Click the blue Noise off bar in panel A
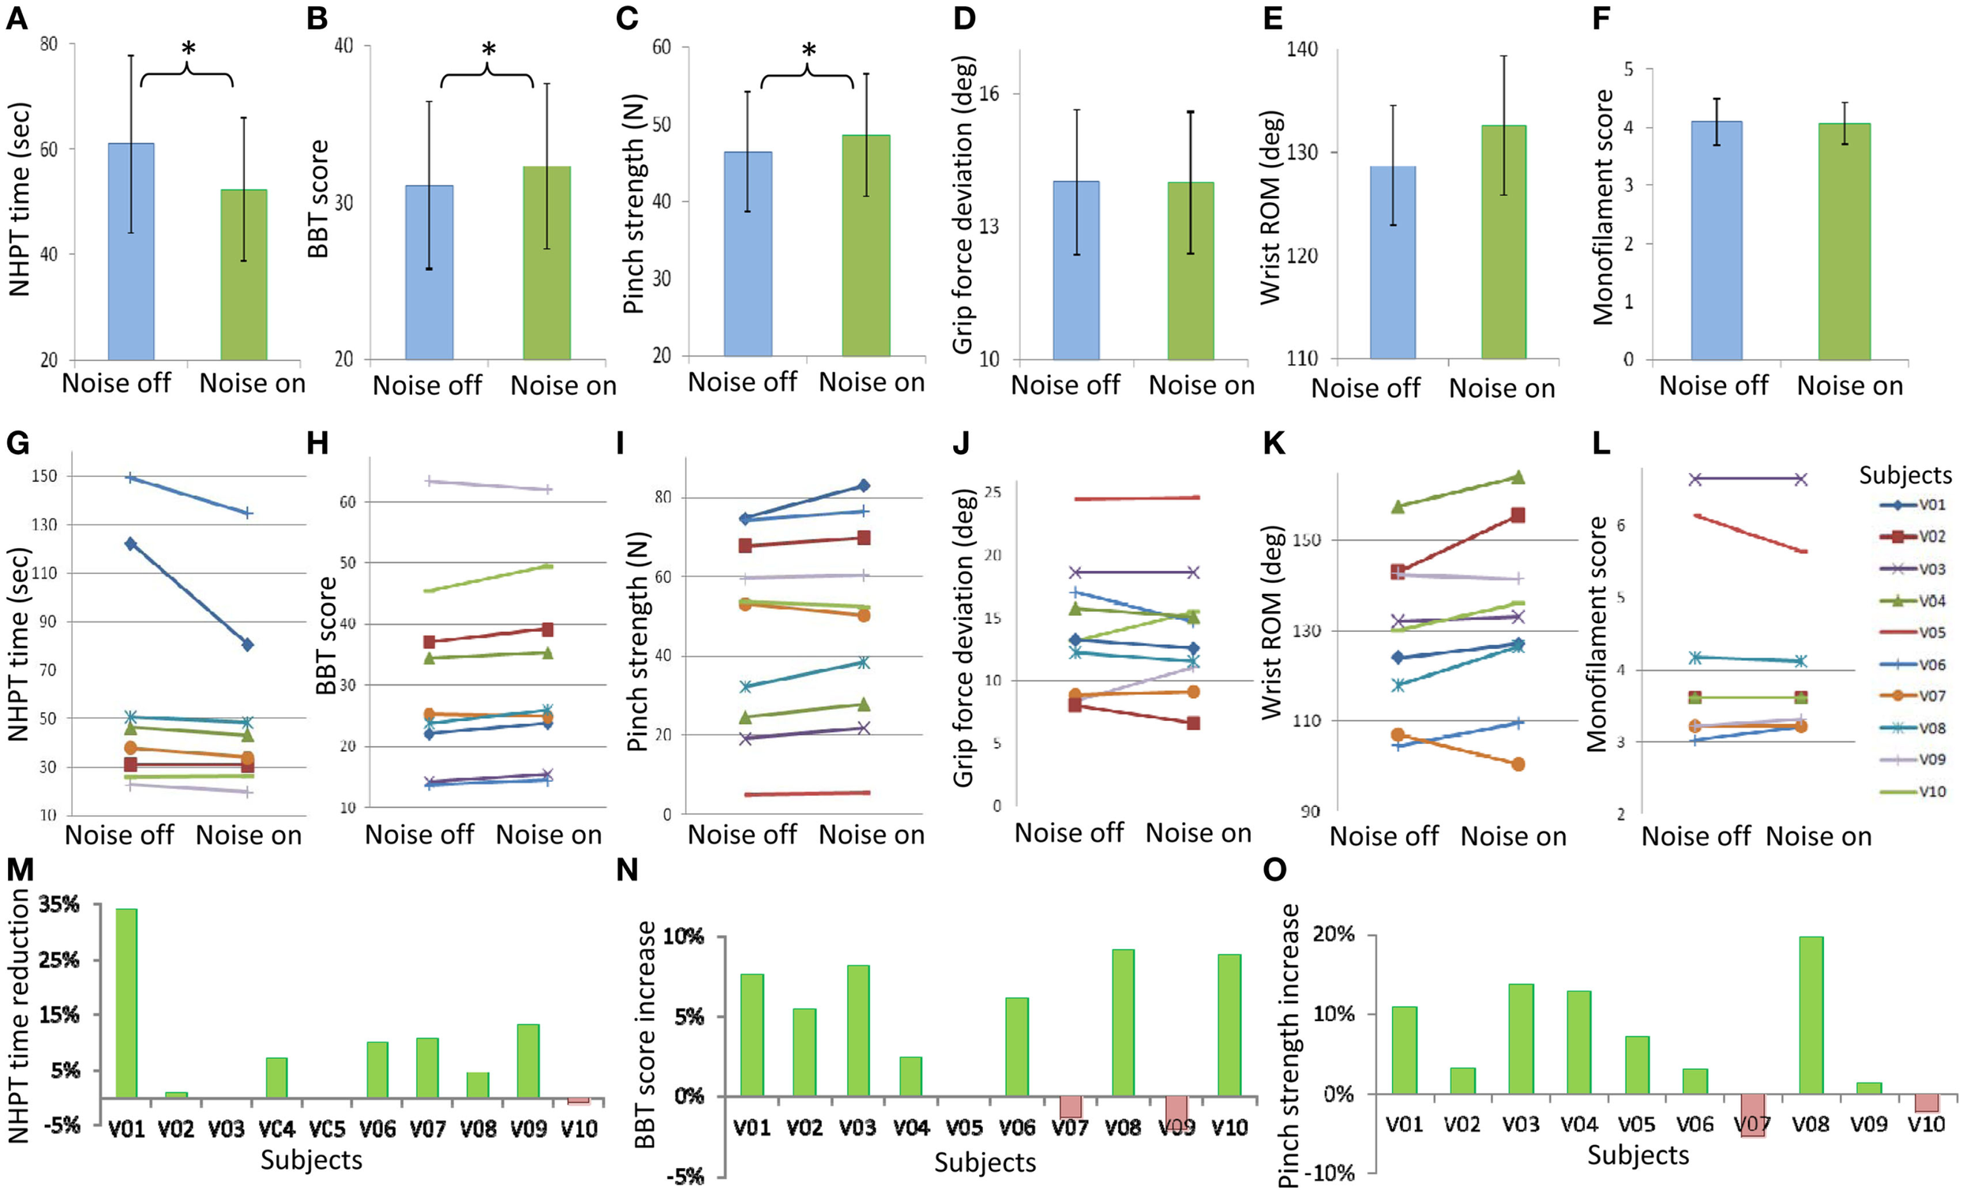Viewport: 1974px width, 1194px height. [x=130, y=252]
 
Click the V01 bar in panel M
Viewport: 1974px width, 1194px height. [x=126, y=1002]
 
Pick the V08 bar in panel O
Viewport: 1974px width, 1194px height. [x=1811, y=1015]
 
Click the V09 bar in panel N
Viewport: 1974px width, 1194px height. [x=1176, y=1110]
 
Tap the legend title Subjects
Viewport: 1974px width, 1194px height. [x=1905, y=475]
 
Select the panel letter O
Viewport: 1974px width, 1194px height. [x=1274, y=869]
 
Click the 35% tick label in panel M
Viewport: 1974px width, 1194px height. [x=59, y=905]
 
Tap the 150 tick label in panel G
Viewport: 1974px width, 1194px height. [x=45, y=476]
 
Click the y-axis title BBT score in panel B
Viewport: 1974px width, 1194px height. [x=319, y=199]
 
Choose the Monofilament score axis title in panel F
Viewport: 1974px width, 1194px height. [x=1602, y=207]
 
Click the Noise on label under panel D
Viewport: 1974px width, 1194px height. [x=1201, y=385]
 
